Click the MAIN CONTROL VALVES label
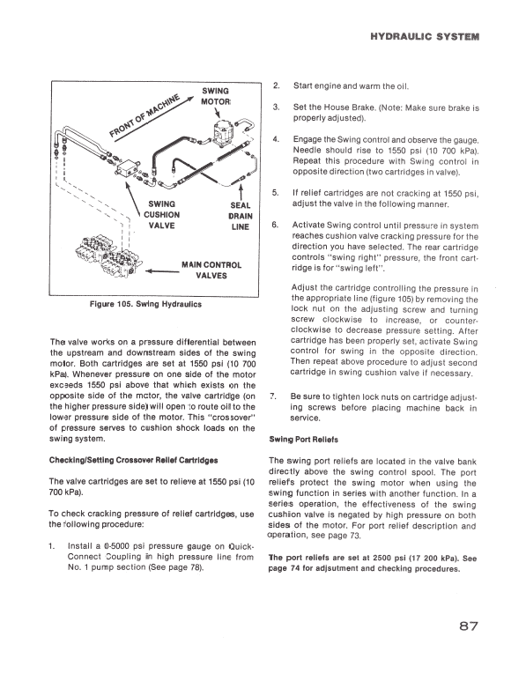point(211,270)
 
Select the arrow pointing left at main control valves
point(155,272)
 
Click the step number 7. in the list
point(275,396)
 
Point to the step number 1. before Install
point(54,545)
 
